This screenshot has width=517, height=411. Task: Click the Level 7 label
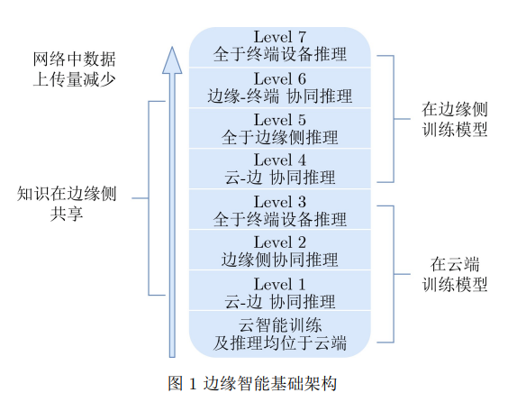click(x=280, y=37)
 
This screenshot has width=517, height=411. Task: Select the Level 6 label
click(x=280, y=78)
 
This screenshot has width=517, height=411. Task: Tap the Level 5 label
click(x=280, y=119)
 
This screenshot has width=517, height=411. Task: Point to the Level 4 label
click(x=280, y=160)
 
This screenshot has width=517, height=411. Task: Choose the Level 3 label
click(x=280, y=202)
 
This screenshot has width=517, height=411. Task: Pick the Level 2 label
click(x=280, y=242)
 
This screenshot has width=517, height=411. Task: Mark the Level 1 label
click(x=280, y=284)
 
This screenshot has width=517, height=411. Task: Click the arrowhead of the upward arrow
click(x=172, y=60)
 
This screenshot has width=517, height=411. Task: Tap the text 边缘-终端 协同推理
click(x=280, y=96)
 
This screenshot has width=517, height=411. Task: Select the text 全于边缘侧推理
click(x=280, y=137)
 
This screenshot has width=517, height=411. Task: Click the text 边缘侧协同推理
click(x=280, y=260)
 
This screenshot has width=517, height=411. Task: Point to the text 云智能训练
click(x=280, y=325)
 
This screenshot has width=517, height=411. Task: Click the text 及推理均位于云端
click(x=280, y=343)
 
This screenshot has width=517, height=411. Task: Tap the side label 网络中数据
click(x=74, y=59)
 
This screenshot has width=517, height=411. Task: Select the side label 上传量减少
click(x=74, y=79)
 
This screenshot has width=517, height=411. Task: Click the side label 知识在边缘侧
click(x=67, y=194)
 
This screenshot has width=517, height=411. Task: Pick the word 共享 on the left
click(x=67, y=214)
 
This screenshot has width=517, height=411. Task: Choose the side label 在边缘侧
click(x=455, y=110)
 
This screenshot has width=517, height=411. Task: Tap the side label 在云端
click(x=455, y=264)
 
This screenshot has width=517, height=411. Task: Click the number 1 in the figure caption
click(x=193, y=384)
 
